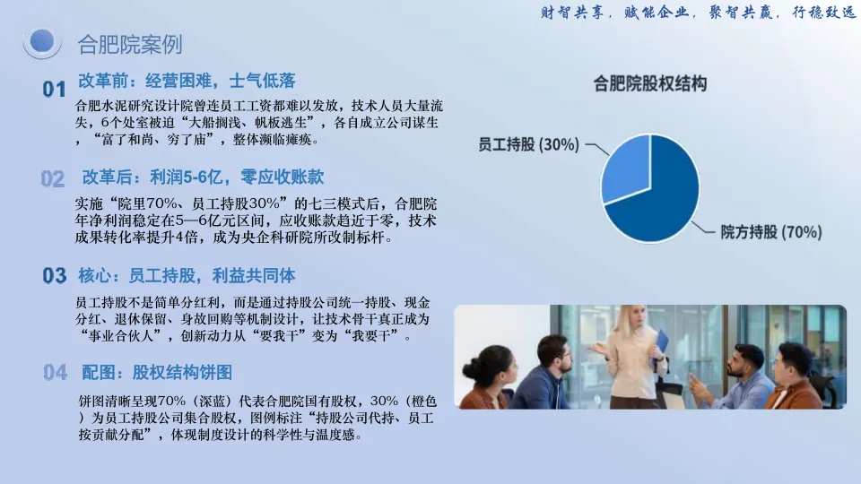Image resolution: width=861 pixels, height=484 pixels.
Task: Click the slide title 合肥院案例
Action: [129, 45]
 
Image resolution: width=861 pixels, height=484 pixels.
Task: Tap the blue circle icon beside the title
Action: [42, 42]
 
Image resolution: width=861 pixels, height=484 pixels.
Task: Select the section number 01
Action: [54, 89]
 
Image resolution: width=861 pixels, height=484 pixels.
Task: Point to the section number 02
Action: [53, 179]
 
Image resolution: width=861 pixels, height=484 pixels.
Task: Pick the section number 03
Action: [55, 275]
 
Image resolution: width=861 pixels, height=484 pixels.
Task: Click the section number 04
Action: [55, 373]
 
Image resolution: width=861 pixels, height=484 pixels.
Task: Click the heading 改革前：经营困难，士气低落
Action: [187, 82]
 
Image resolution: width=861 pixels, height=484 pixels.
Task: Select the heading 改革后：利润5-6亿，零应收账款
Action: [203, 177]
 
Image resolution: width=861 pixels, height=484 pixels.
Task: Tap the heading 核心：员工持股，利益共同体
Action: [187, 275]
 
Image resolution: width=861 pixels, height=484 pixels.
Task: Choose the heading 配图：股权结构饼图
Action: [156, 373]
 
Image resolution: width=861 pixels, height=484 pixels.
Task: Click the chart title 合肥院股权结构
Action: [650, 84]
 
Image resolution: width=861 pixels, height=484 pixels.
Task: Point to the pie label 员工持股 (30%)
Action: [529, 144]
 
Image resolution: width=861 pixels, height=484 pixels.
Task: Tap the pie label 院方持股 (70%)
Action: [771, 232]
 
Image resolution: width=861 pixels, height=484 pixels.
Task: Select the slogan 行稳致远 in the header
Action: [823, 12]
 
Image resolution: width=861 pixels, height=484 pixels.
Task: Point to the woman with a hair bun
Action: [489, 378]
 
